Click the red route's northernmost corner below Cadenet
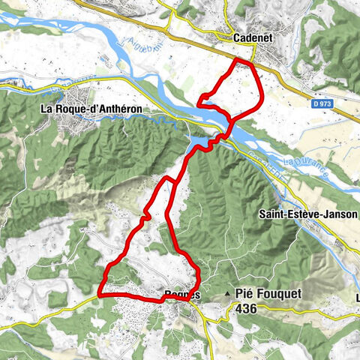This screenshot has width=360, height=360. (x=238, y=59)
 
